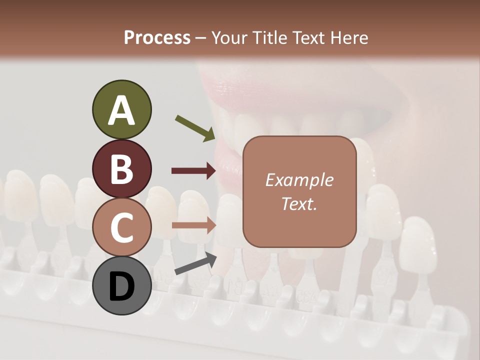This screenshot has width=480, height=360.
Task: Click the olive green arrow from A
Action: [x=195, y=128]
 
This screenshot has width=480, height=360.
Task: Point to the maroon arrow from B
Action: [x=194, y=171]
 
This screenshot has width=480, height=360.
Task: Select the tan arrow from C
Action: [x=194, y=225]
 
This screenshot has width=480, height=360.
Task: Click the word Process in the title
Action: [x=157, y=38]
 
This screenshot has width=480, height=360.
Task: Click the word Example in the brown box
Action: [x=299, y=180]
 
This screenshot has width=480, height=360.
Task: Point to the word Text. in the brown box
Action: [x=299, y=204]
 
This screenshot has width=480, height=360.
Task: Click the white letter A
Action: [x=121, y=111]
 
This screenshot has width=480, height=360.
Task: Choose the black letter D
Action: [x=121, y=287]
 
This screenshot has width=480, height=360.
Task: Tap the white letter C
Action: [x=121, y=227]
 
